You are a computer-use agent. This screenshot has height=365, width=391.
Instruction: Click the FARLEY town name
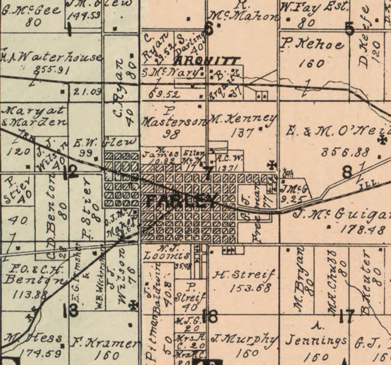182,201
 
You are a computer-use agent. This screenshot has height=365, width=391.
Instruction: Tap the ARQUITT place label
206,61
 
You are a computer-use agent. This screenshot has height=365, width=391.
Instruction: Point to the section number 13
71,310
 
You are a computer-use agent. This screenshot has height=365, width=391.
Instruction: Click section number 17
346,316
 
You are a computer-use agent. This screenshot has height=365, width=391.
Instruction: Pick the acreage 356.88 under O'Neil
345,152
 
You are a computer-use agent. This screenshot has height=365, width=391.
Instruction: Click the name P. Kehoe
312,44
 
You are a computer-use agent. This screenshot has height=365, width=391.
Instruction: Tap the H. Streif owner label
244,275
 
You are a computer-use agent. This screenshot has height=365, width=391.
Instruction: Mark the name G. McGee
32,10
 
